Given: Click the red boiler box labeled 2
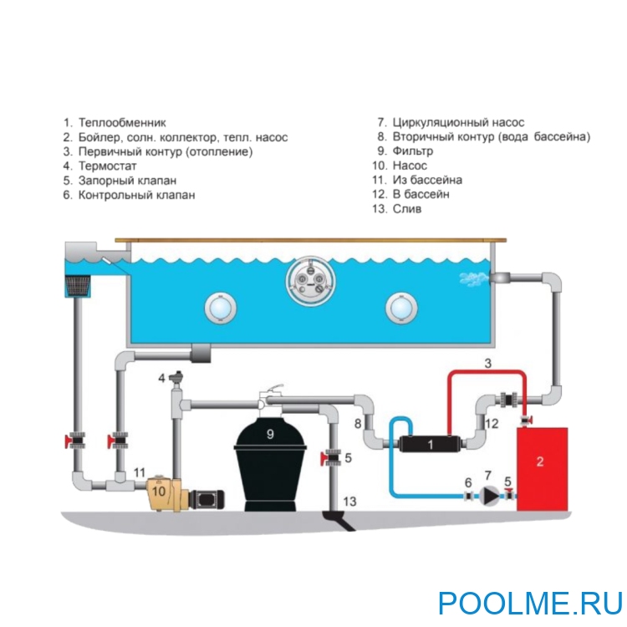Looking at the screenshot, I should [x=542, y=468].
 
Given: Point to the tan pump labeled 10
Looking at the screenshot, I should [x=165, y=494].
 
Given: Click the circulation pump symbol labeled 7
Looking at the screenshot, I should [x=488, y=495].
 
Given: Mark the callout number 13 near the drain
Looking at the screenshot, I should [x=350, y=501].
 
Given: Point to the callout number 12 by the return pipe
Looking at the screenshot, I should [x=492, y=424].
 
